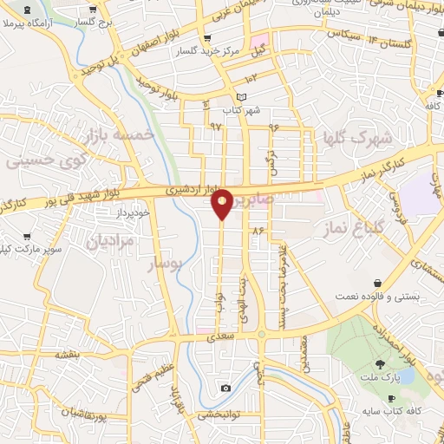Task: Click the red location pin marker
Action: pyautogui.click(x=221, y=203)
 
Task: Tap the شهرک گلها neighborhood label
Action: pyautogui.click(x=357, y=138)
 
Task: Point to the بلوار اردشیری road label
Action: pyautogui.click(x=189, y=187)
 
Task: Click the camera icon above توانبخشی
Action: pyautogui.click(x=225, y=388)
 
